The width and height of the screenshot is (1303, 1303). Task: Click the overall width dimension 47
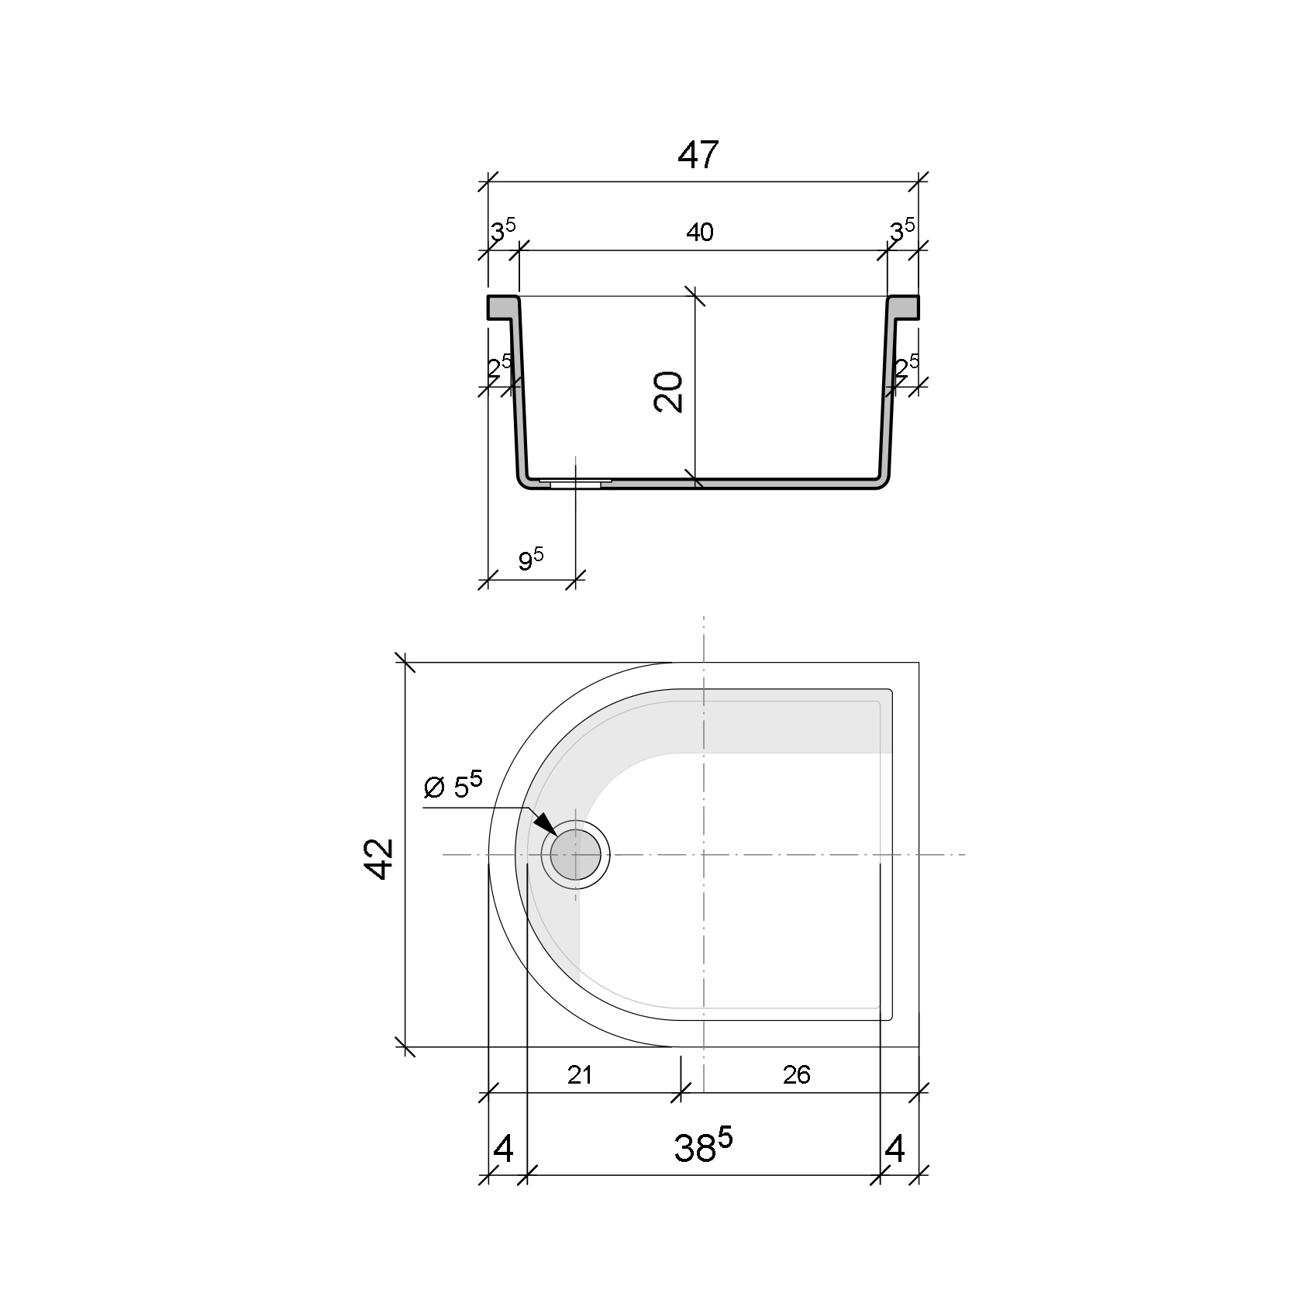pos(698,155)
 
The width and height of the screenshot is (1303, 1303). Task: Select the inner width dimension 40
pos(699,232)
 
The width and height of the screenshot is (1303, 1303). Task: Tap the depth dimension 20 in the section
pos(668,391)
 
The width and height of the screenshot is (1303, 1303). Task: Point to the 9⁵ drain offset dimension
pos(531,559)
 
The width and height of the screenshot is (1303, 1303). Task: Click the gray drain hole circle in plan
pos(575,854)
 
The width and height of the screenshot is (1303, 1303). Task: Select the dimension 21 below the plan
pos(580,1074)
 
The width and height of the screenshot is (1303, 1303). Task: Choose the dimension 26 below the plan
pos(797,1074)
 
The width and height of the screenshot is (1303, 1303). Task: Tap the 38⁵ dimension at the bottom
pos(703,1148)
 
